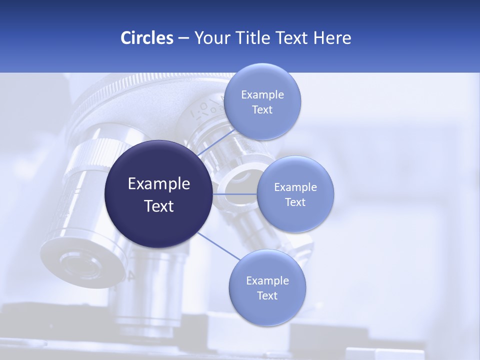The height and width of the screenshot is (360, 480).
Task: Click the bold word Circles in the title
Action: pyautogui.click(x=147, y=38)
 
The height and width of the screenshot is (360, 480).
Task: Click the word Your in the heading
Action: pyautogui.click(x=209, y=38)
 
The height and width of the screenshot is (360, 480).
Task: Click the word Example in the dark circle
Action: pyautogui.click(x=159, y=184)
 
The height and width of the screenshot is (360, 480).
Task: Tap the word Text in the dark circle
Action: pyautogui.click(x=159, y=206)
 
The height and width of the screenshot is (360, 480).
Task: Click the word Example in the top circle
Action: pyautogui.click(x=262, y=95)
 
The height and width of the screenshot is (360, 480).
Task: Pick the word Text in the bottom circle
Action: pyautogui.click(x=267, y=296)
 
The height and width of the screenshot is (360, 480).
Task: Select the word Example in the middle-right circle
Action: pyautogui.click(x=295, y=187)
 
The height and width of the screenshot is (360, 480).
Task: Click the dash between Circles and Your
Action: pyautogui.click(x=183, y=38)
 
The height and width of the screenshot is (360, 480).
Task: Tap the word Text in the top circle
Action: pyautogui.click(x=262, y=110)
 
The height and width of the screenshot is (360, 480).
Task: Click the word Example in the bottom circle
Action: pyautogui.click(x=267, y=281)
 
